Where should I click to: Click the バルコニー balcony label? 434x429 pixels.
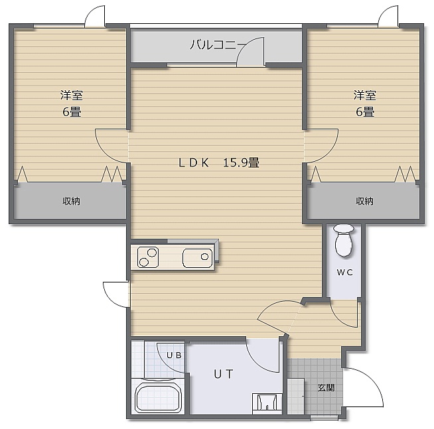point(218,44)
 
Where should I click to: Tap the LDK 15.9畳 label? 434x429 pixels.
point(219,162)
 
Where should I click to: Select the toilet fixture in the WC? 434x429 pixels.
point(344,240)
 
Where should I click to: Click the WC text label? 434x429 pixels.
point(344,273)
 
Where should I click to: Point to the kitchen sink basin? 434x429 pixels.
point(197,258)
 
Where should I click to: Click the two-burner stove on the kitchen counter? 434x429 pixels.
point(148,257)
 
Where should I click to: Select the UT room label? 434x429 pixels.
point(224,374)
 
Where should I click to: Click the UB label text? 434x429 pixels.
point(174,355)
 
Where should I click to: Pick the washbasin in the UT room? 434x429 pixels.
point(267,403)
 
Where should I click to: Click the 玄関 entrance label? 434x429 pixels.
point(326,388)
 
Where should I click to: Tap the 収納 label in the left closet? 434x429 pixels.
point(71,201)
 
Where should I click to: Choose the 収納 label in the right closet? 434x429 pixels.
point(364,201)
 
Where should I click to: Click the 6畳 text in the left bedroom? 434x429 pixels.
point(72,112)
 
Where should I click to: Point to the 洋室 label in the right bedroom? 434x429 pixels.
point(365,95)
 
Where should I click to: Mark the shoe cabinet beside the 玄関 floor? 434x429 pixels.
point(296,396)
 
